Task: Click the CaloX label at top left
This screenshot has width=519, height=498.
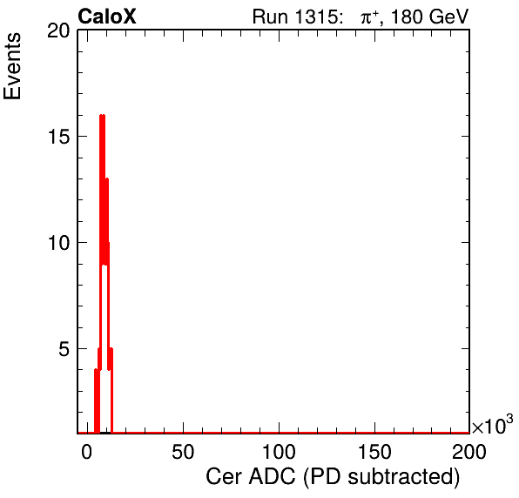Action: click(107, 17)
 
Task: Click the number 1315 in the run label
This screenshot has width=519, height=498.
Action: click(316, 17)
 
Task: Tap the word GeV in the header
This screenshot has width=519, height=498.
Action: click(448, 17)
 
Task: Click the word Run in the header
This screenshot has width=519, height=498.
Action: click(271, 17)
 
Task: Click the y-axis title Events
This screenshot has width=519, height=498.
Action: click(12, 66)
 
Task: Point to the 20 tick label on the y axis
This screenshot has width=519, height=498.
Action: click(59, 31)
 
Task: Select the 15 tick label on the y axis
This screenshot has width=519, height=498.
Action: click(59, 137)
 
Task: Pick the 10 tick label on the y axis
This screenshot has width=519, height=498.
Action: click(59, 243)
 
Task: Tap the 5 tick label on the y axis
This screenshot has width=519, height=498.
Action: click(64, 349)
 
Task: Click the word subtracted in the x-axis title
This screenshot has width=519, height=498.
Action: click(404, 477)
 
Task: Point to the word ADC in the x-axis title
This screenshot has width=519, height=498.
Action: click(272, 477)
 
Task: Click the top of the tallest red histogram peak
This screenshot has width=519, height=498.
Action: click(102, 115)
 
